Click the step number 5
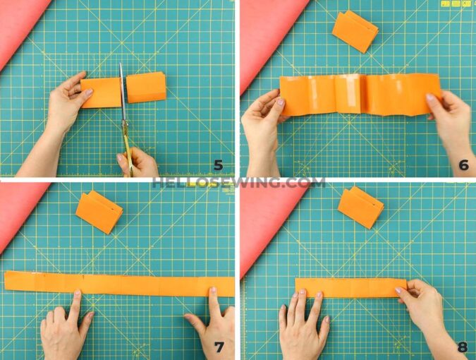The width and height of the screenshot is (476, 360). click(219, 166)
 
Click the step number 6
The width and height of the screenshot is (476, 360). click(463, 165)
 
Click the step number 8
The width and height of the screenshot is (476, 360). click(463, 347)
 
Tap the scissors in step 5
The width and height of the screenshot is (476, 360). click(123, 106)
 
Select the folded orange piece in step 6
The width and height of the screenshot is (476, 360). click(355, 30)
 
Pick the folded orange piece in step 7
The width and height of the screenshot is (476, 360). click(99, 210)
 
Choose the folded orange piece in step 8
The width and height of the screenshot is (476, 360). click(360, 206)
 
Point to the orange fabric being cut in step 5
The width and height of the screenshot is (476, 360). click(123, 90)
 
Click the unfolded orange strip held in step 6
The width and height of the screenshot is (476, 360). click(360, 94)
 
